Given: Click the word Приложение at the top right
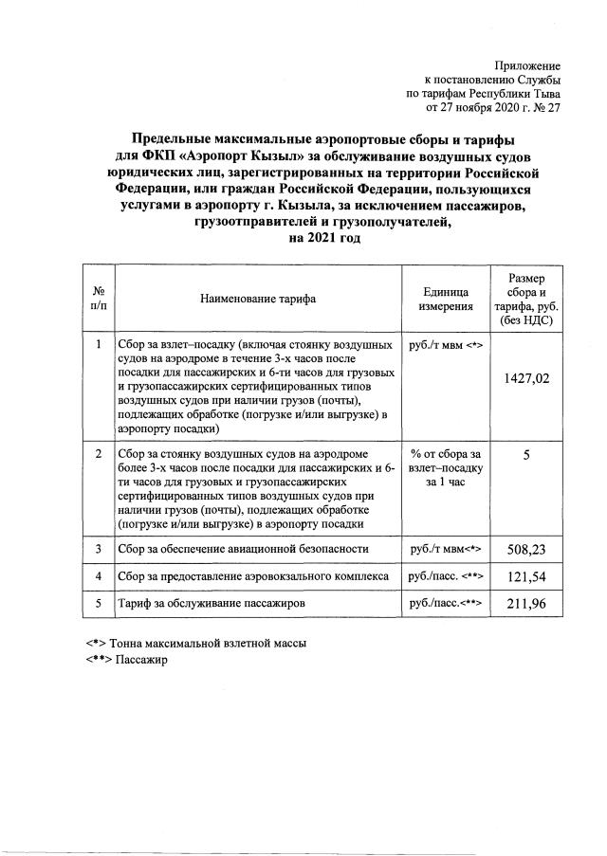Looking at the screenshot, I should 529,65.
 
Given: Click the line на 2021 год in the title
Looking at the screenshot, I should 322,238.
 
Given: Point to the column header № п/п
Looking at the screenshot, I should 100,299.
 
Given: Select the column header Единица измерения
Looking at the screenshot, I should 446,299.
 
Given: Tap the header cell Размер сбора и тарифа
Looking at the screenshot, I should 526,299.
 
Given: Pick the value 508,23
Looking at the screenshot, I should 526,549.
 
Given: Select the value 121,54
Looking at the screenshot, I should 526,575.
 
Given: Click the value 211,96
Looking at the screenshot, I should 526,603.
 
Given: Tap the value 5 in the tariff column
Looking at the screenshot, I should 526,456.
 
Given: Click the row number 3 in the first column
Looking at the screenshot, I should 100,548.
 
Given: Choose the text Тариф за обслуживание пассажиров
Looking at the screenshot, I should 210,603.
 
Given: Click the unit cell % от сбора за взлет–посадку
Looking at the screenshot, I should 446,467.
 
